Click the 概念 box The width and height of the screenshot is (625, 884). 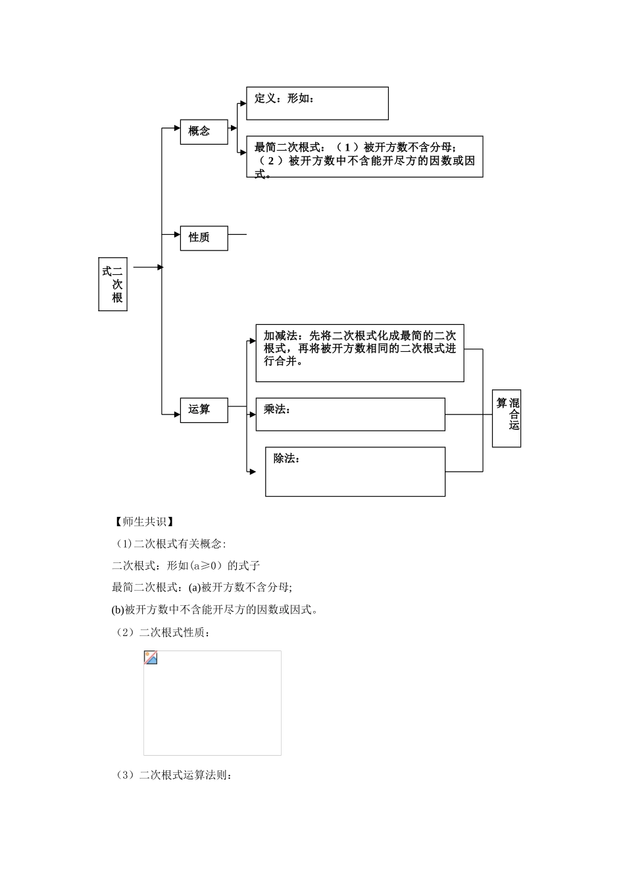pos(204,132)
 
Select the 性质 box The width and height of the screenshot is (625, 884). pos(204,238)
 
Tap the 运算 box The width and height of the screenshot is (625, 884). pos(204,410)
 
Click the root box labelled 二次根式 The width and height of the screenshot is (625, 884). pos(113,284)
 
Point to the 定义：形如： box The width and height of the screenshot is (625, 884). pos(317,103)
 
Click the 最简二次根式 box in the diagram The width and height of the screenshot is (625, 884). pos(364,157)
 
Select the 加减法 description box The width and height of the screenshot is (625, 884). pos(359,353)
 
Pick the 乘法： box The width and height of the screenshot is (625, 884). pos(350,414)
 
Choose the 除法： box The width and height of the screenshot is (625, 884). pos(355,472)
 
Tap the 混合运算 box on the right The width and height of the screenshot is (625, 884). pos(507,418)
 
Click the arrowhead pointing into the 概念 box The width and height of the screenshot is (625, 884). pos(176,128)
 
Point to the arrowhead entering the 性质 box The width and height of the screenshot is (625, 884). pos(176,233)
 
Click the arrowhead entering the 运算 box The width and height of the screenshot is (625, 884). pos(176,414)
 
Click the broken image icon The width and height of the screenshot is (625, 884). pos(151,658)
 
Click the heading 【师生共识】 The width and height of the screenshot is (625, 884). pos(143,522)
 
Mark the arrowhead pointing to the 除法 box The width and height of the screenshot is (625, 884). pos(253,472)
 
